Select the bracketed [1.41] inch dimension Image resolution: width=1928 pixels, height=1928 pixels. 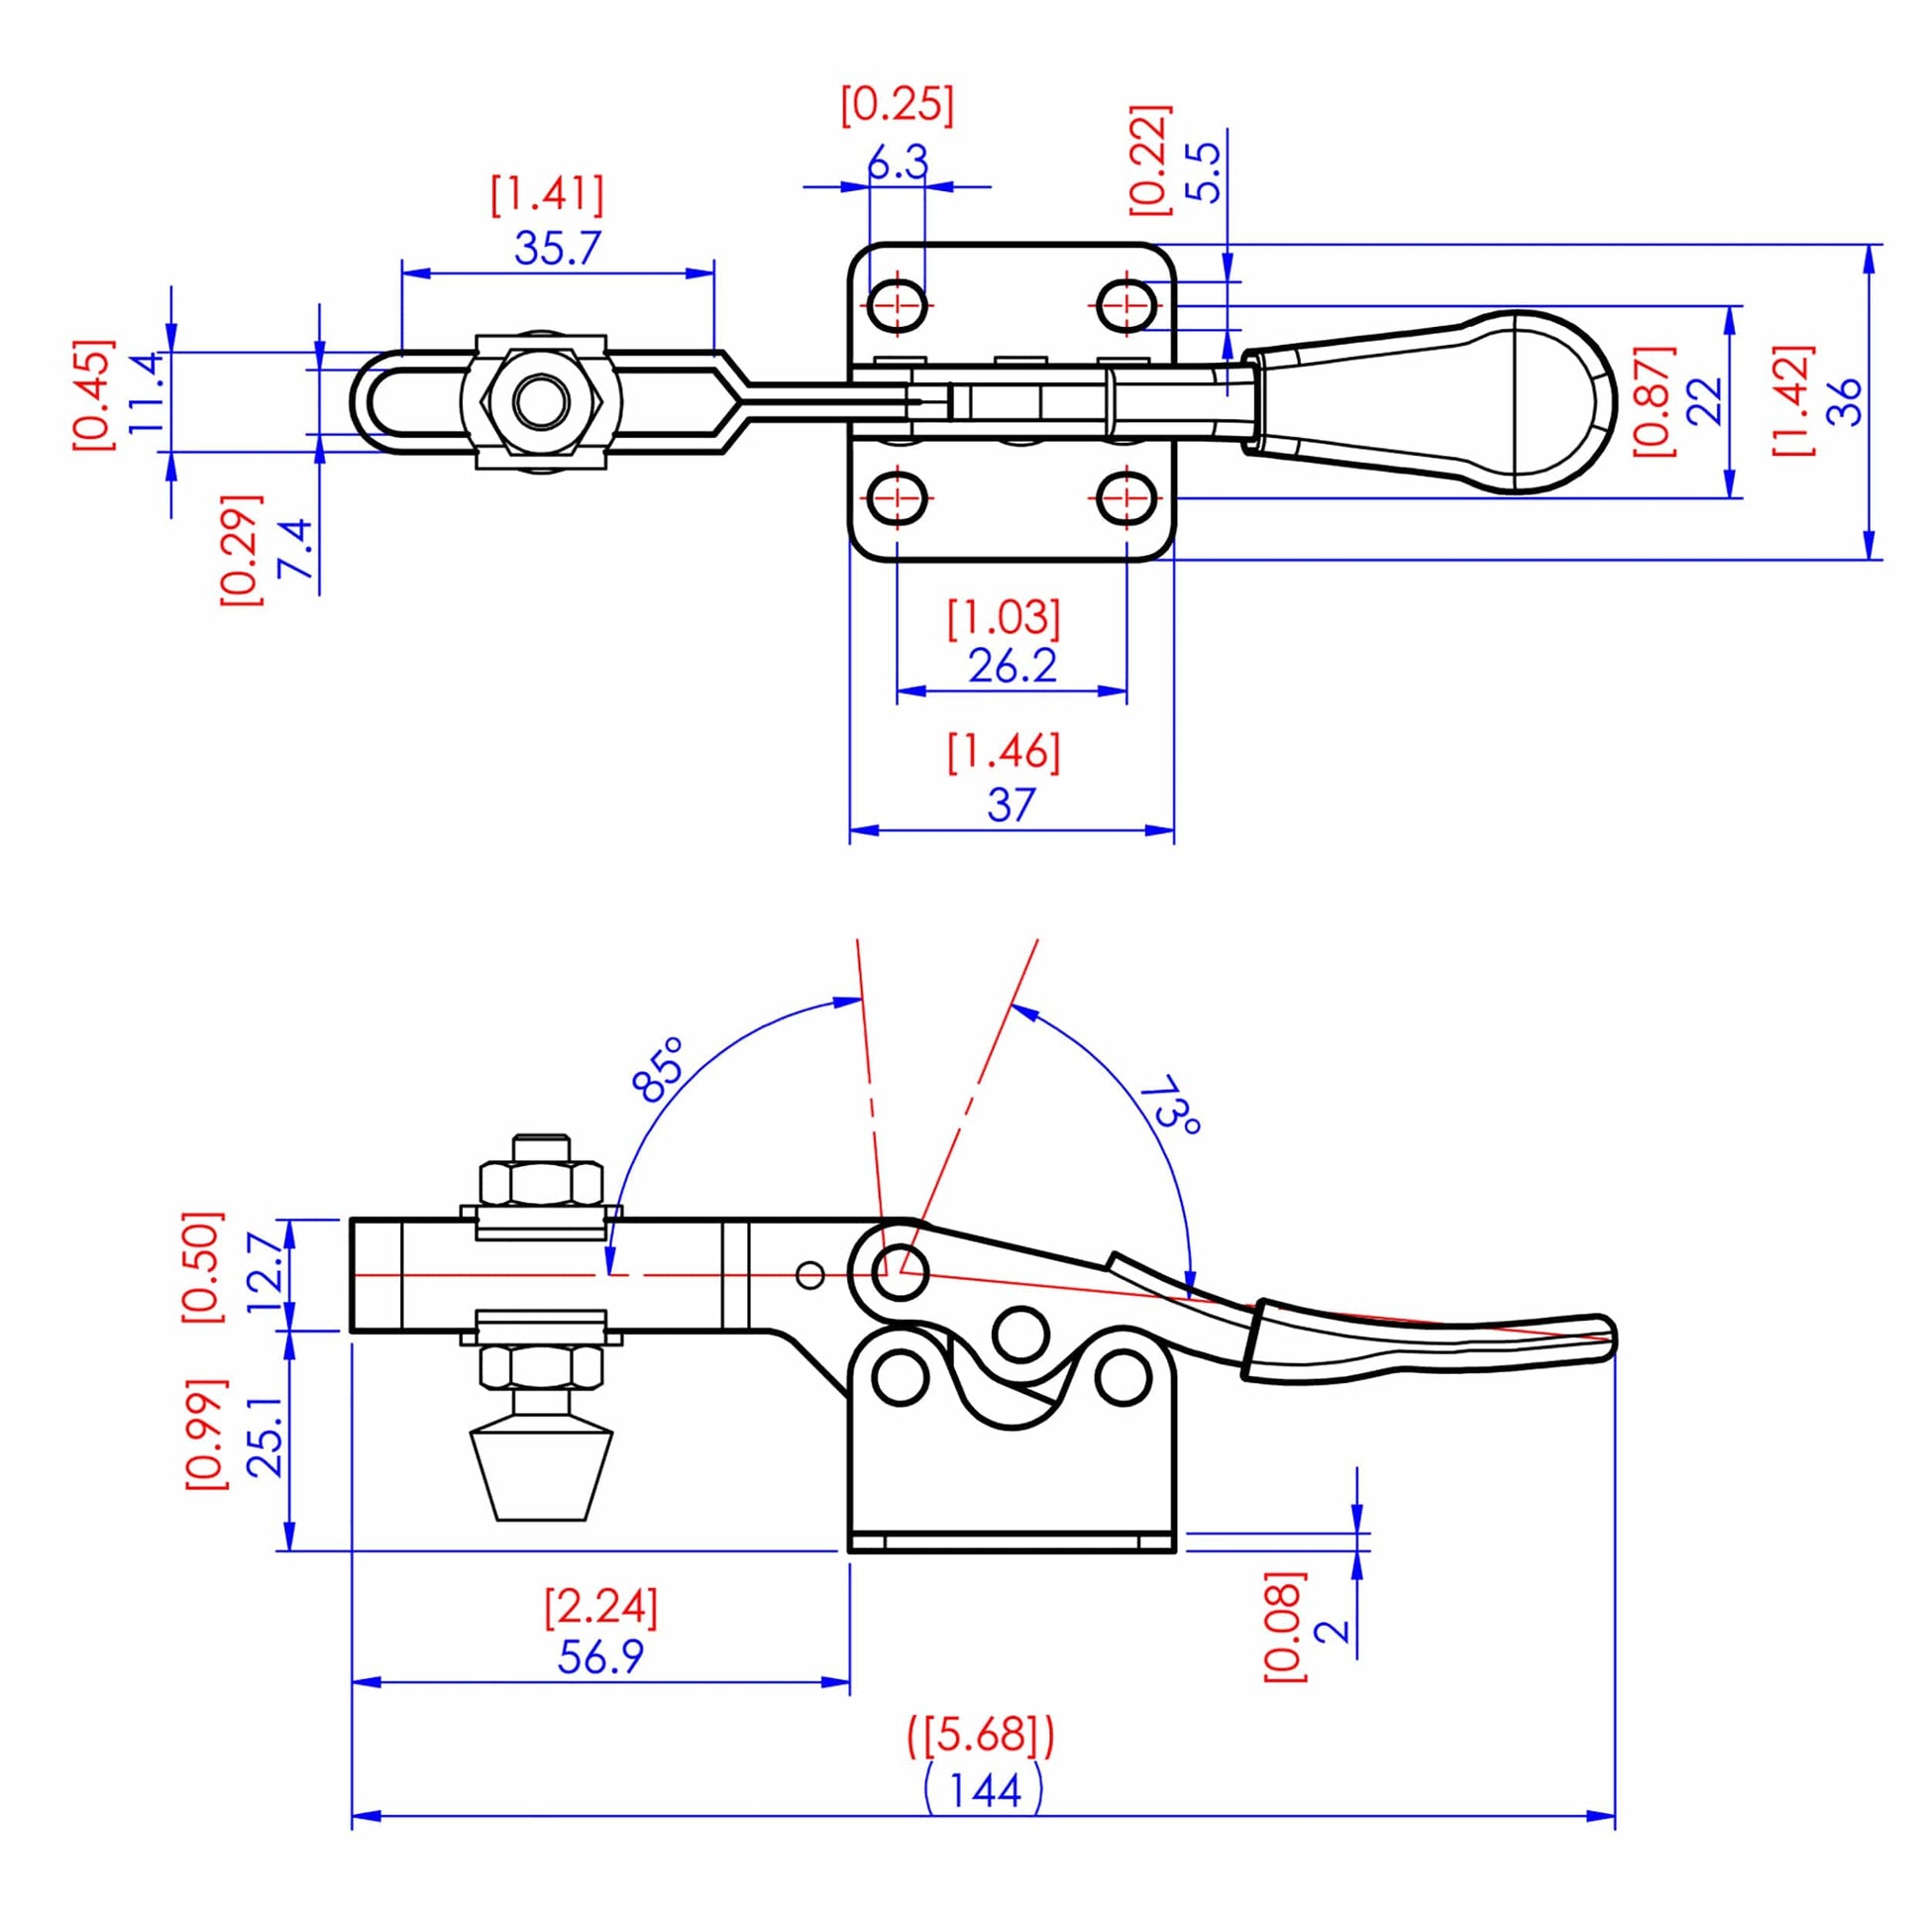547,194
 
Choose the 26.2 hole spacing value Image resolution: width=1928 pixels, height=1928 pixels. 1012,666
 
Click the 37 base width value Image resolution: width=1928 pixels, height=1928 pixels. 1011,804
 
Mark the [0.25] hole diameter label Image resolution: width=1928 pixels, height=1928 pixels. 898,106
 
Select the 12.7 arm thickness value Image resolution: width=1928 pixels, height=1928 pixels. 267,1274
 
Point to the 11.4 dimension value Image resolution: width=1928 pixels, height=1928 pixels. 145,391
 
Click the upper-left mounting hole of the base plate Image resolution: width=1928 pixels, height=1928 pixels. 898,304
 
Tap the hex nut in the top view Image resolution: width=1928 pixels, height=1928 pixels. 541,401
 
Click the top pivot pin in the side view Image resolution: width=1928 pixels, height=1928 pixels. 901,1272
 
